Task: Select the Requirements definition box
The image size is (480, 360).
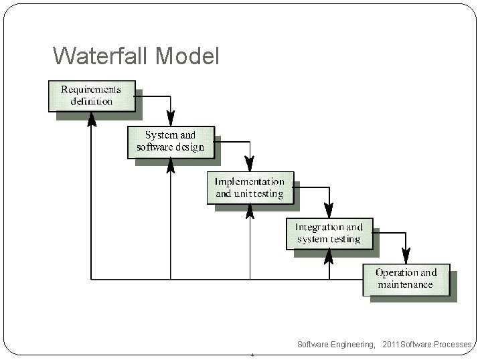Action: [x=92, y=96]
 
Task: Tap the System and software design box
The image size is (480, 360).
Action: [x=171, y=141]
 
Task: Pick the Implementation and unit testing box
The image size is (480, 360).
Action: [x=250, y=187]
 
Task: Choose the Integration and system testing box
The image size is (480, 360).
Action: [x=329, y=233]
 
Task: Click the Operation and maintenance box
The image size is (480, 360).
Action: [x=406, y=278]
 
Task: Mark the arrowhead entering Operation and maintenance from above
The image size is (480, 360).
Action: [x=406, y=256]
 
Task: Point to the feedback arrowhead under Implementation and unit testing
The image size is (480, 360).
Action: [x=250, y=211]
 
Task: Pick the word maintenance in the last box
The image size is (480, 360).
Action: [x=406, y=285]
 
